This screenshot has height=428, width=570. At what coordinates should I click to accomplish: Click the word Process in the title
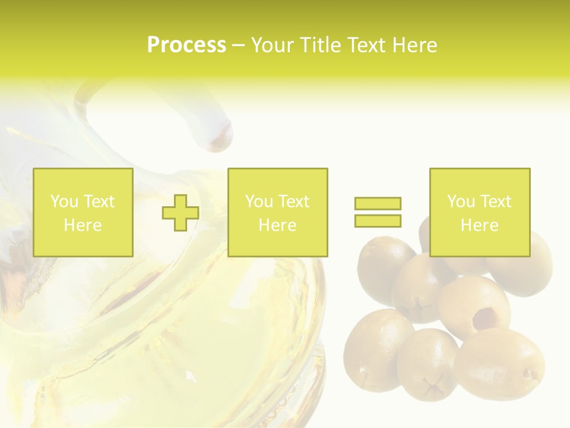pyautogui.click(x=186, y=45)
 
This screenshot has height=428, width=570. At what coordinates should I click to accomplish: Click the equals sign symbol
pyautogui.click(x=378, y=212)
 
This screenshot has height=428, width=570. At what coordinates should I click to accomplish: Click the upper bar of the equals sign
pyautogui.click(x=378, y=204)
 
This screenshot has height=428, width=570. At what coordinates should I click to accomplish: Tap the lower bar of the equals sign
pyautogui.click(x=378, y=221)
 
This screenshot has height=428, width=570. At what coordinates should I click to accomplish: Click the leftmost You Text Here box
pyautogui.click(x=83, y=212)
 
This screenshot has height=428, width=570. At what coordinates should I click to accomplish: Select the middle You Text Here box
pyautogui.click(x=277, y=212)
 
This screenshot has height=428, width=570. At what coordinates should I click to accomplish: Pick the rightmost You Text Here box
pyautogui.click(x=480, y=212)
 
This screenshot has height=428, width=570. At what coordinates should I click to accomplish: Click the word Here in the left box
pyautogui.click(x=83, y=225)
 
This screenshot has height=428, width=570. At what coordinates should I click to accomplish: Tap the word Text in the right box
pyautogui.click(x=495, y=202)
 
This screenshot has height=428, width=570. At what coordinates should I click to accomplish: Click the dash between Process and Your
pyautogui.click(x=238, y=45)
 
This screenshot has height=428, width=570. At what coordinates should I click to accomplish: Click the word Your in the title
pyautogui.click(x=273, y=45)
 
